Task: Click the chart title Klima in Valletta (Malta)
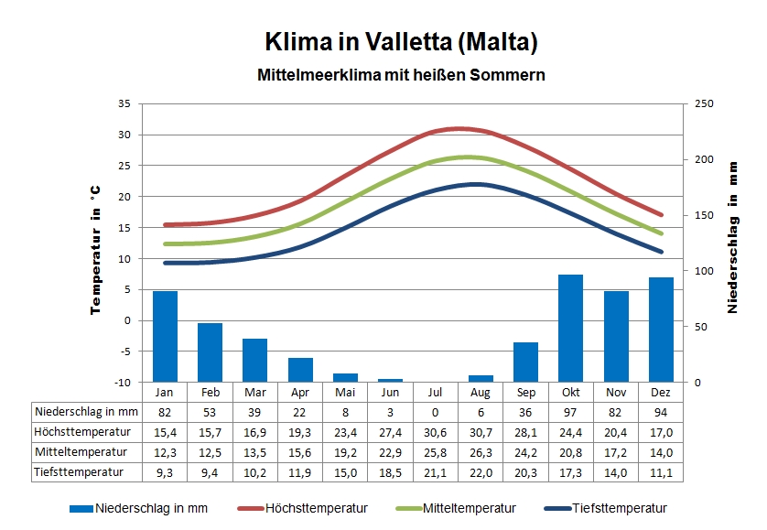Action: coord(401,42)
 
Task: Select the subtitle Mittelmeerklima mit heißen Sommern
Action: coord(401,75)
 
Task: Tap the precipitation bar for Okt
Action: coord(570,328)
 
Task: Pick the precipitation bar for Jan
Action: coord(165,336)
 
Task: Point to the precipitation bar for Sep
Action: coord(525,362)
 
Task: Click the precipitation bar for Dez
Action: coord(661,330)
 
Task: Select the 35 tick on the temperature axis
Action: coord(124,103)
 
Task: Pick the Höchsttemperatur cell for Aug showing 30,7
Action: coord(480,432)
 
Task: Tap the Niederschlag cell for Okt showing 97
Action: coord(570,412)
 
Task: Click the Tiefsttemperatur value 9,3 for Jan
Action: coord(165,472)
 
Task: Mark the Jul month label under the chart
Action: coord(436,392)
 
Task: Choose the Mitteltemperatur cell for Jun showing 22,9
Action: coord(391,452)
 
